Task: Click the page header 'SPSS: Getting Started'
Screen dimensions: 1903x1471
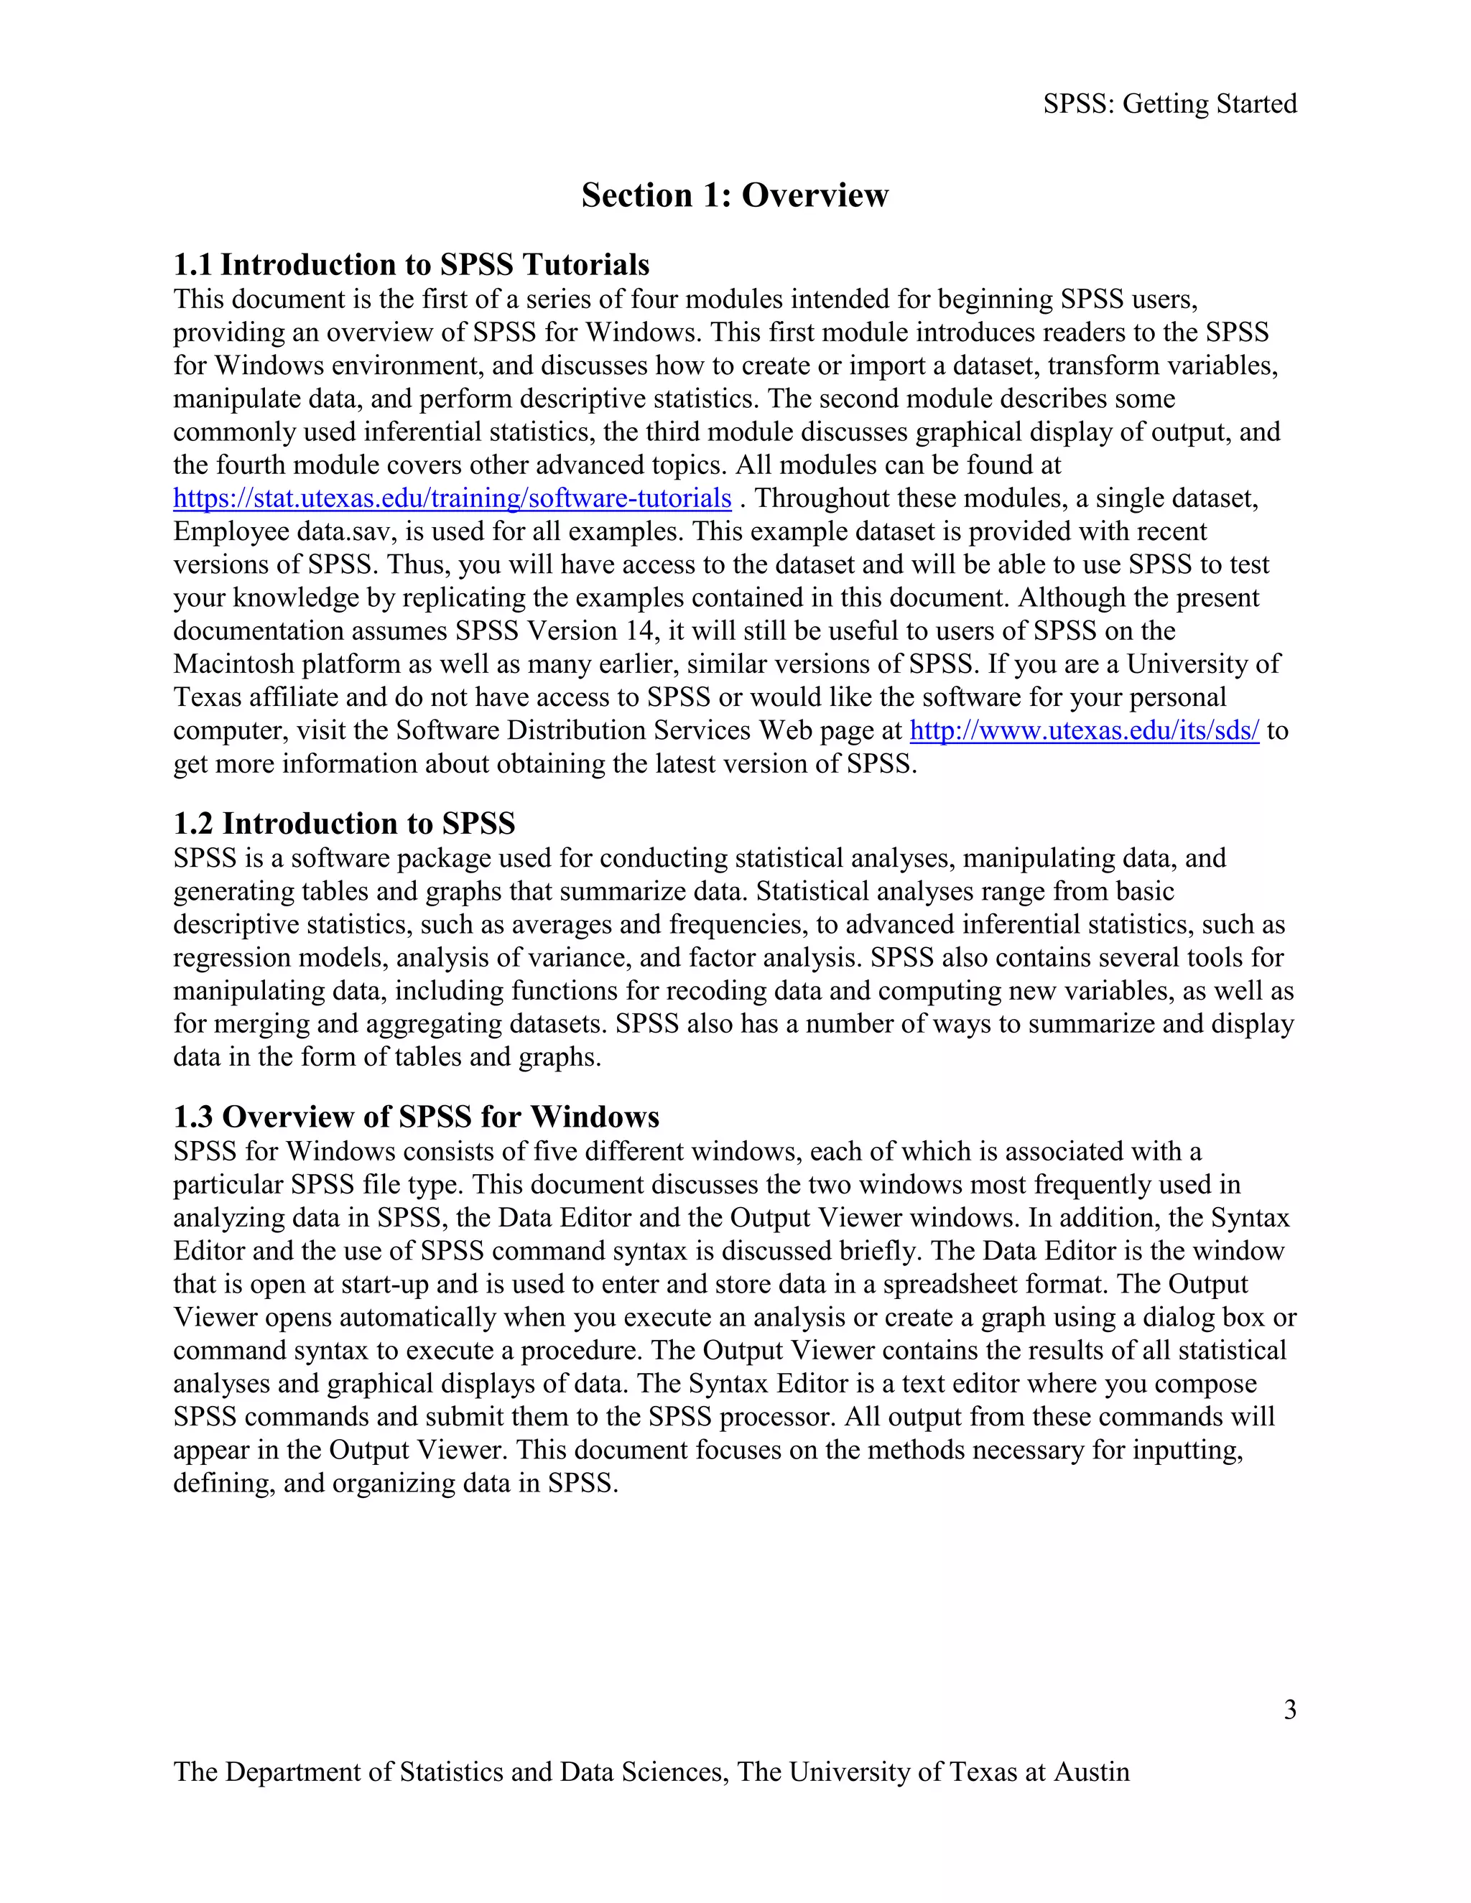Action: pyautogui.click(x=1169, y=103)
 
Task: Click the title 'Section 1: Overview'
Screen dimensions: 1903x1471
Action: pyautogui.click(x=735, y=195)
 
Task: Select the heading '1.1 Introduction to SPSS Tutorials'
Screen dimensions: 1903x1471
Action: pyautogui.click(x=412, y=264)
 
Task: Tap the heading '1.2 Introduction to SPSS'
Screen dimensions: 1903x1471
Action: pyautogui.click(x=344, y=824)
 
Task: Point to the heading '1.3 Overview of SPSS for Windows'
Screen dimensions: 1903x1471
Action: pyautogui.click(x=417, y=1117)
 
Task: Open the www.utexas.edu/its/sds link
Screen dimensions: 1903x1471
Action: pyautogui.click(x=1084, y=730)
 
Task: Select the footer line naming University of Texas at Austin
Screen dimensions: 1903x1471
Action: pyautogui.click(x=651, y=1772)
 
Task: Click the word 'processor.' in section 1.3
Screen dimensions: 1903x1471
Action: pyautogui.click(x=777, y=1417)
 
